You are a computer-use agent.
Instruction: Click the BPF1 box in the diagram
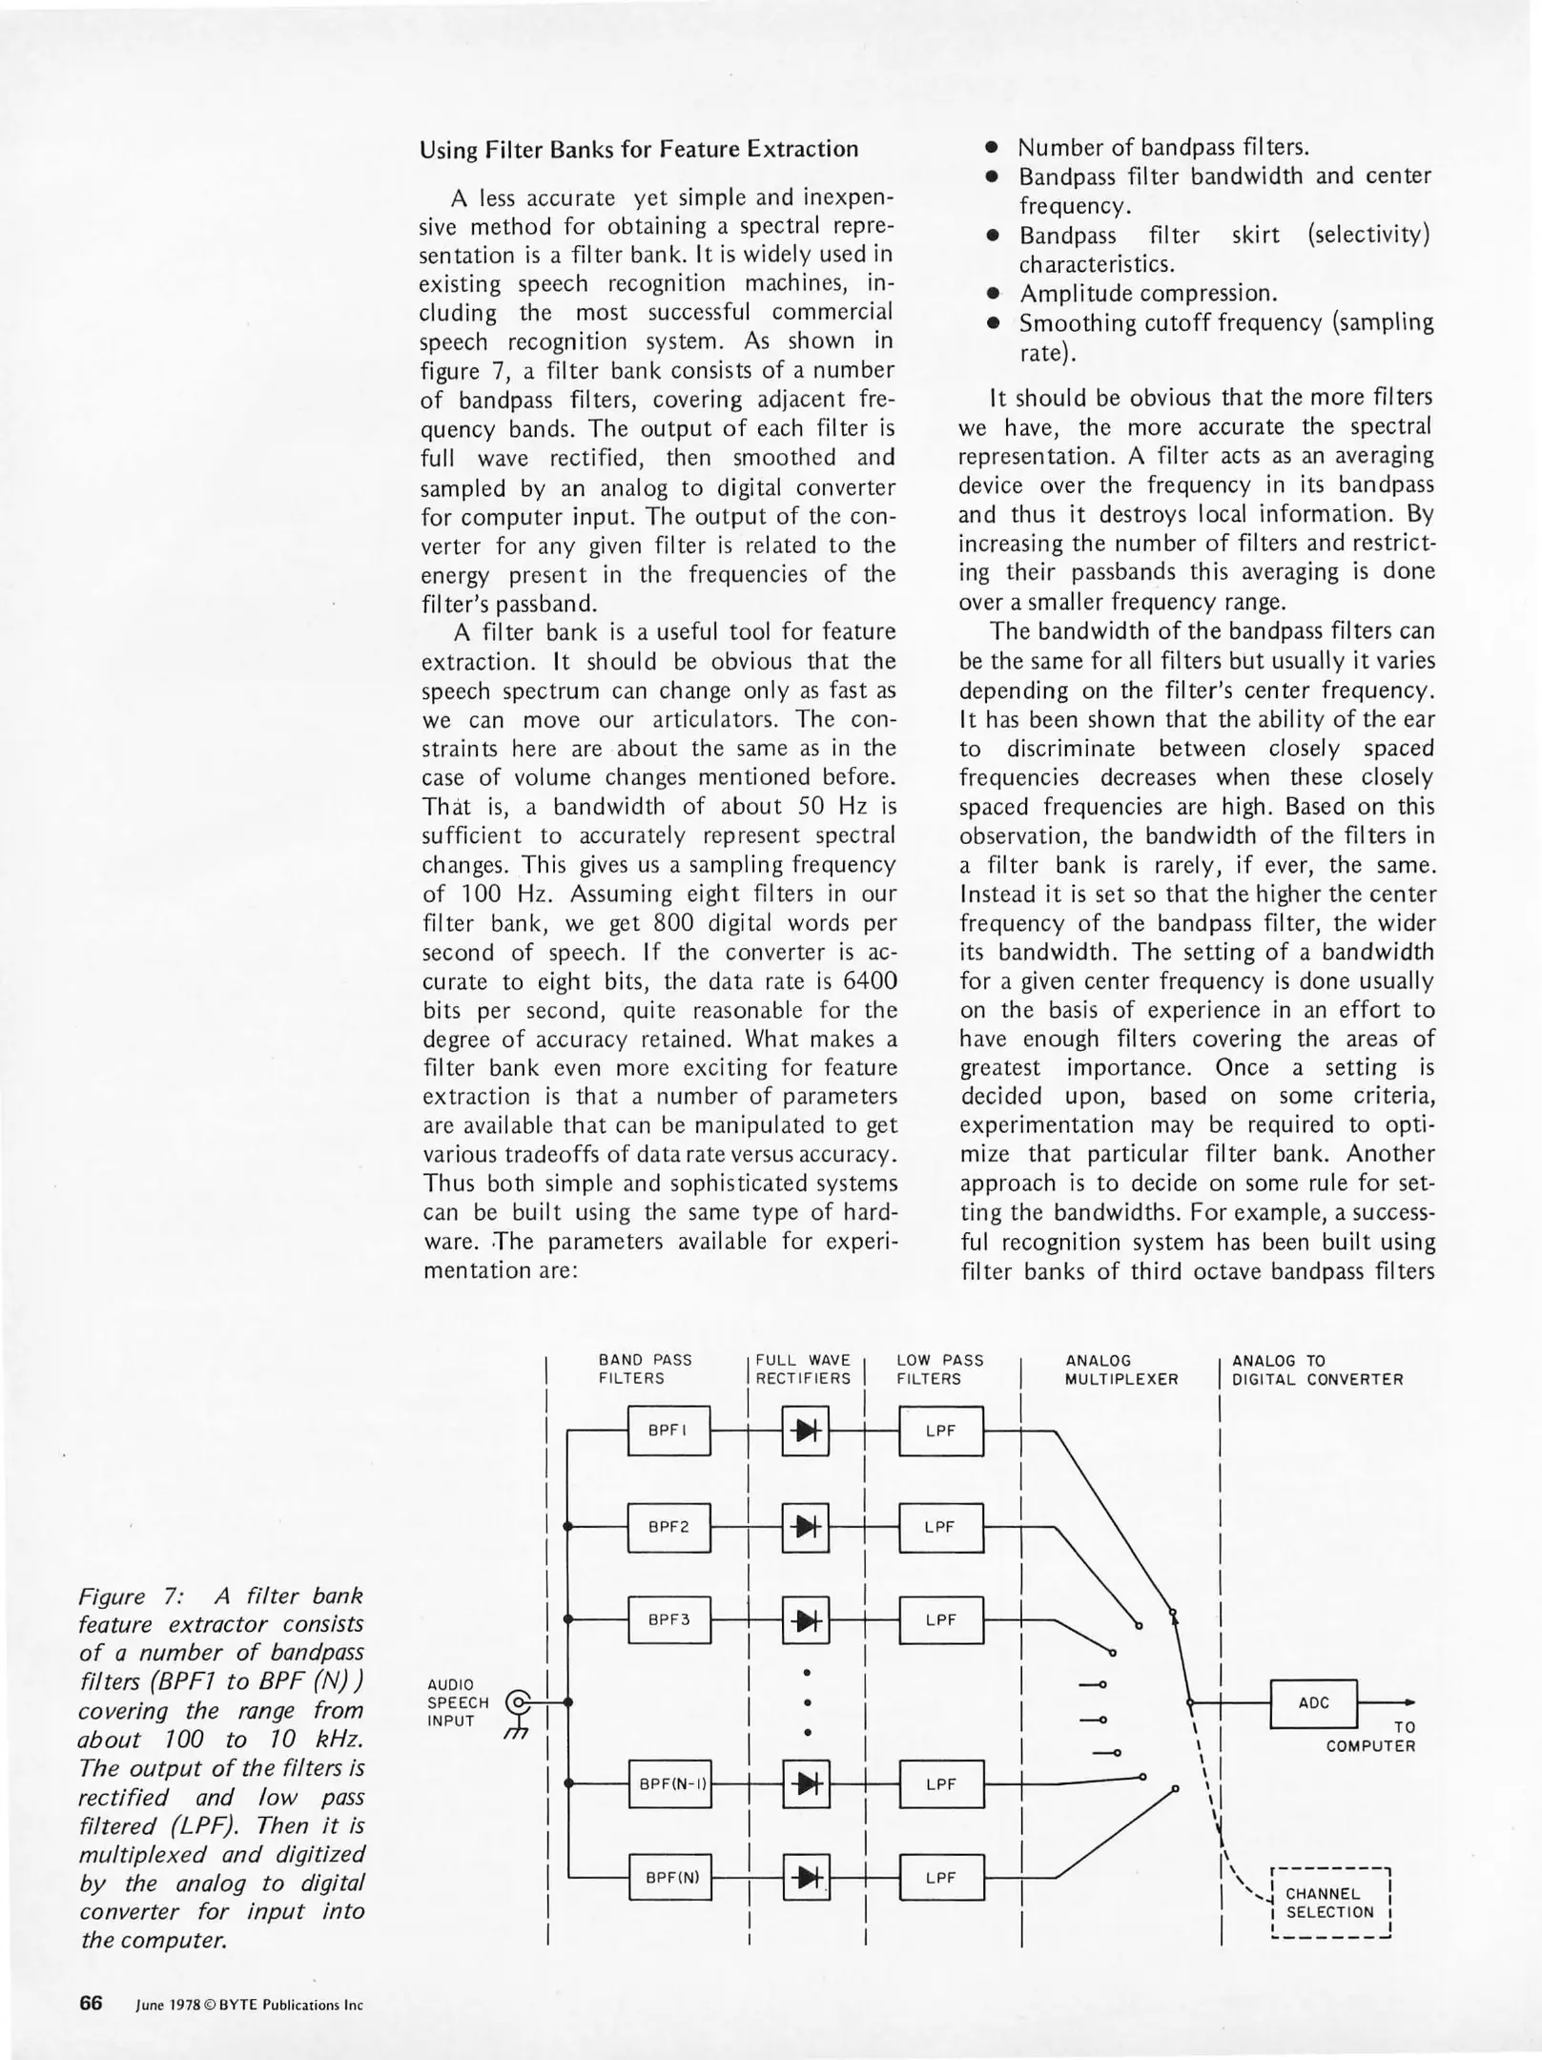tap(668, 1431)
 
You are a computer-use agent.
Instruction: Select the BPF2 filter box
tap(668, 1527)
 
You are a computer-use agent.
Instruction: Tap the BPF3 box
tap(668, 1619)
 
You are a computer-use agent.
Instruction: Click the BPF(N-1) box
tap(673, 1783)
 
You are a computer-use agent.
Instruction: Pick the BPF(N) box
tap(672, 1878)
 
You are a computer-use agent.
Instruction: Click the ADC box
tap(1313, 1703)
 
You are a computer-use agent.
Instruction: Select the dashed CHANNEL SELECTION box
tap(1330, 1903)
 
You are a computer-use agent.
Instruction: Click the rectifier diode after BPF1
tap(806, 1431)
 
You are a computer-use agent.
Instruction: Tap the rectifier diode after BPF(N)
tap(806, 1878)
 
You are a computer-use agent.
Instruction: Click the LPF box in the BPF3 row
tap(940, 1619)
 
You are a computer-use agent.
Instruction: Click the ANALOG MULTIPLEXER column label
tap(1121, 1370)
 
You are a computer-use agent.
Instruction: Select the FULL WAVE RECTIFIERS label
tap(803, 1370)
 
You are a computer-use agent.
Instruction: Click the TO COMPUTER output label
tap(1370, 1737)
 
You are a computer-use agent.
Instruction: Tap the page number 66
tap(91, 2003)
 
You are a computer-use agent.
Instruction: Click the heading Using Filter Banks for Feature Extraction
tap(639, 149)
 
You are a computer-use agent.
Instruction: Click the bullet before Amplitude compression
tap(993, 294)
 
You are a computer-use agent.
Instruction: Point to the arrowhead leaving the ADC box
tap(1409, 1702)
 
